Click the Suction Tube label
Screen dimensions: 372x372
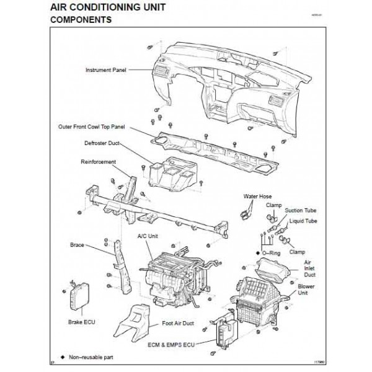pyautogui.click(x=299, y=211)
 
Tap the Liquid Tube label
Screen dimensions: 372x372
pyautogui.click(x=303, y=221)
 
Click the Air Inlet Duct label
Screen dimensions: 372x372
pyautogui.click(x=310, y=268)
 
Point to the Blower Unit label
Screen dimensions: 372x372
pyautogui.click(x=307, y=290)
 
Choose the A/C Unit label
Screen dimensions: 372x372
pyautogui.click(x=147, y=236)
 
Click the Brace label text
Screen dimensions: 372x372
pyautogui.click(x=77, y=245)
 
